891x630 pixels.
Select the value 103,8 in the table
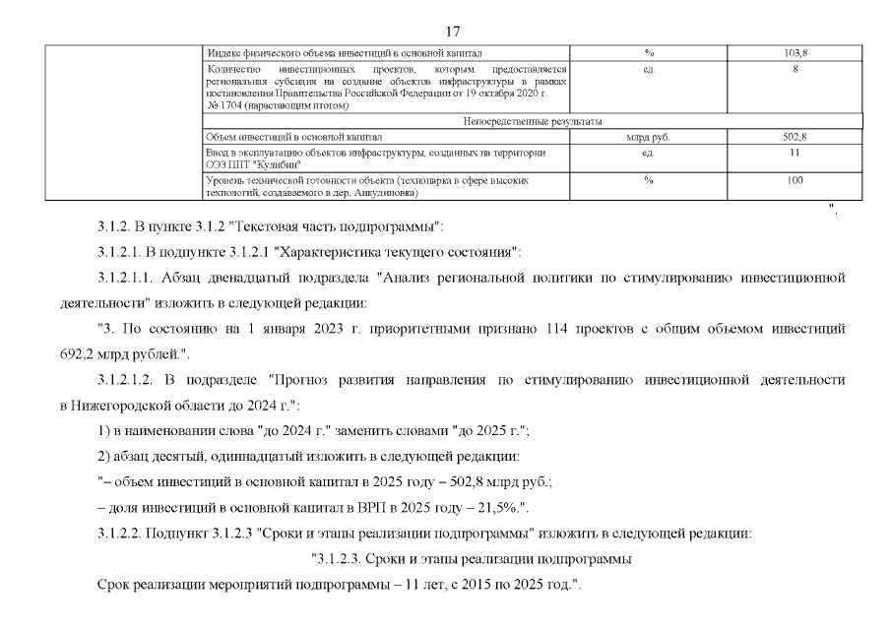795,52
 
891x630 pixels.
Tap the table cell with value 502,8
795,137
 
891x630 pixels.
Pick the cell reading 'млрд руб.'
648,137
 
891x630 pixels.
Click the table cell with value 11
795,153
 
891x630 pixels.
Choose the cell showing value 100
795,180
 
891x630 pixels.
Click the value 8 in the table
795,69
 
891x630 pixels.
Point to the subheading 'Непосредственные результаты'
531,121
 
